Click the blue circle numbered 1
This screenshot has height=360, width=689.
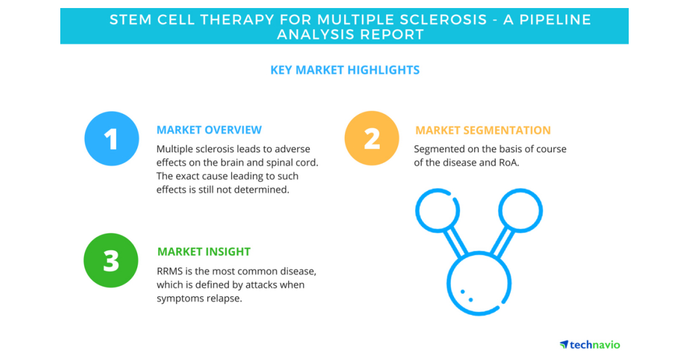point(111,139)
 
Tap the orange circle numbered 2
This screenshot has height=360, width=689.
point(372,138)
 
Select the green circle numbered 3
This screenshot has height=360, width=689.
point(111,260)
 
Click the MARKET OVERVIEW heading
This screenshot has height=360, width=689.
point(209,130)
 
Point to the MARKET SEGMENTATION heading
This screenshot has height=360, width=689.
point(483,130)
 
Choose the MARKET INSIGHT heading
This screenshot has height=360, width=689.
point(204,251)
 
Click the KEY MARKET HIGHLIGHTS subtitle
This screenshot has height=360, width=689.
point(345,70)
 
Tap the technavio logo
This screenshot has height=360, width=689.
point(590,344)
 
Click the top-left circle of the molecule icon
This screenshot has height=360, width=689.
point(416,211)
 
